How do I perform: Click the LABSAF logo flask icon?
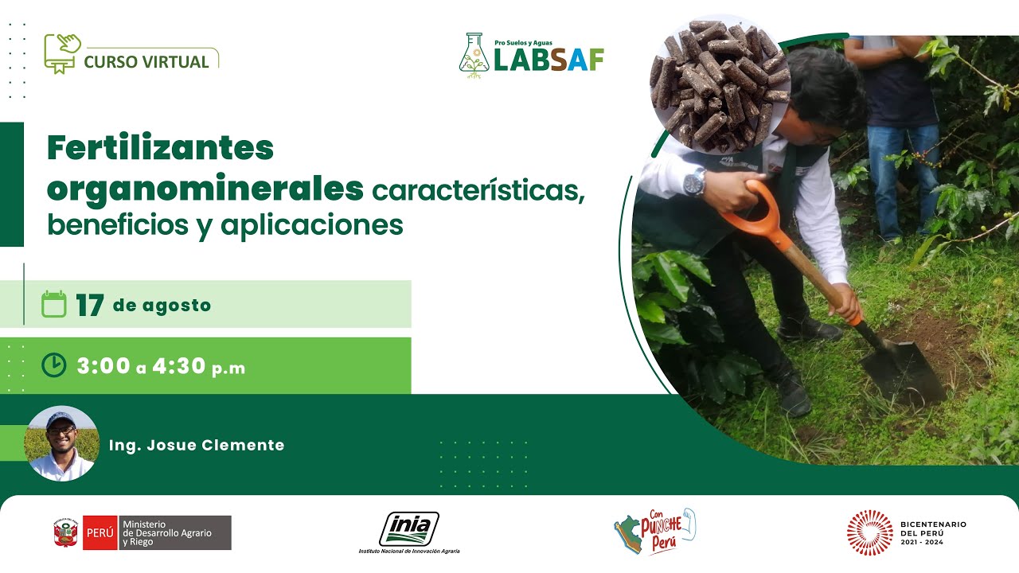tap(474, 56)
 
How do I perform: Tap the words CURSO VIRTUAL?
tap(146, 61)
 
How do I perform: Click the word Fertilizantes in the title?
tap(160, 148)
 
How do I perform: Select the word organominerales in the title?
tap(205, 188)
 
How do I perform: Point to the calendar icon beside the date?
tap(53, 305)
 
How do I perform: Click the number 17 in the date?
tap(90, 306)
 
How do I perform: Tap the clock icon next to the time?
tap(53, 365)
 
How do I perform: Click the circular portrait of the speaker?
tap(61, 444)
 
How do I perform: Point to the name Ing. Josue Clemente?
tap(197, 446)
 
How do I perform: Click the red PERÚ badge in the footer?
tap(100, 532)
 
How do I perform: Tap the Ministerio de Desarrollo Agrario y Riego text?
tap(167, 532)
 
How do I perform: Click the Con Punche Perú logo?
tap(655, 531)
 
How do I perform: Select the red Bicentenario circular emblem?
tap(869, 532)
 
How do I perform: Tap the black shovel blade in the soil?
tap(902, 370)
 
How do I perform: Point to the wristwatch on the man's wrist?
tap(694, 182)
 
